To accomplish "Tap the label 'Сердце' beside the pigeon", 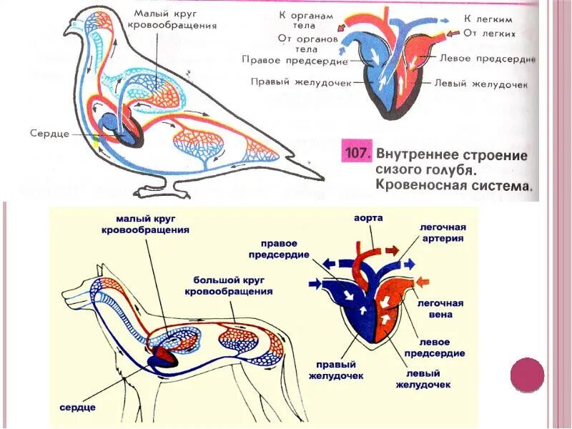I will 49,133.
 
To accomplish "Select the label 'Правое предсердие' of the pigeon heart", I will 285,59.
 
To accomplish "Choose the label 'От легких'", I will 490,33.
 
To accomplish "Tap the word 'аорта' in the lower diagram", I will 368,217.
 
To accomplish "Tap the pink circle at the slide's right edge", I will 528,375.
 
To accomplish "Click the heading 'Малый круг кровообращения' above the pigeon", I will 174,19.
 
